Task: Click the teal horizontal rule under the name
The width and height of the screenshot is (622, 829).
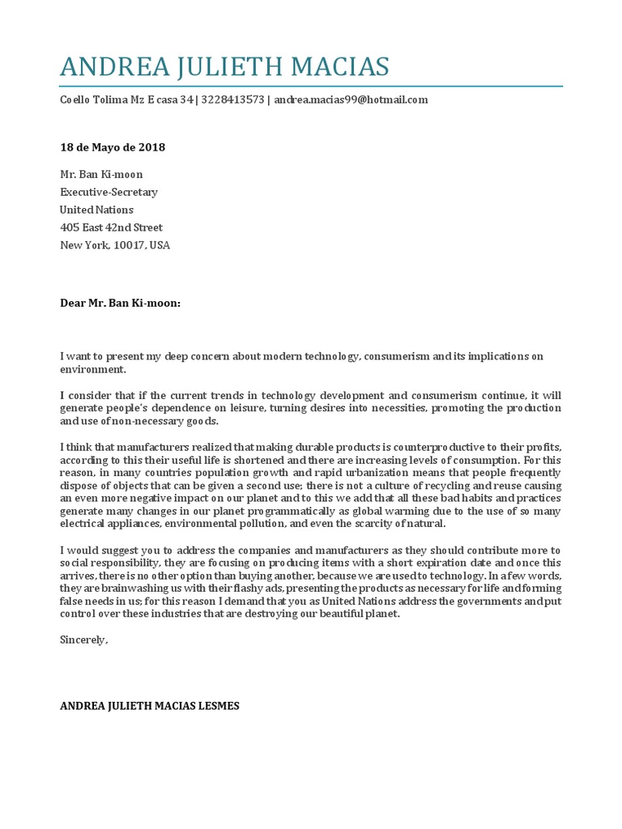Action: [x=311, y=86]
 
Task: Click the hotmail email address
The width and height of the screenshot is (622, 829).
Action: [x=351, y=100]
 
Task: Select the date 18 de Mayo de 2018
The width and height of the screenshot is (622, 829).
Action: [x=113, y=147]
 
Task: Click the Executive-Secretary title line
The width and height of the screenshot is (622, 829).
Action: [x=109, y=192]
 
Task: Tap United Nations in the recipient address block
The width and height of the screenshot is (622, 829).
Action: [x=96, y=210]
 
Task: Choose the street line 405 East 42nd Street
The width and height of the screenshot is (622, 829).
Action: [x=111, y=227]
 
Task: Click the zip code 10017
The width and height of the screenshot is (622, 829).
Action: [x=129, y=245]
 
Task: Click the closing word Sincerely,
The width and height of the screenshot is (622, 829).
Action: [x=83, y=640]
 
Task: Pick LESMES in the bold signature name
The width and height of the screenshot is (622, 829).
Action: [x=214, y=706]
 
